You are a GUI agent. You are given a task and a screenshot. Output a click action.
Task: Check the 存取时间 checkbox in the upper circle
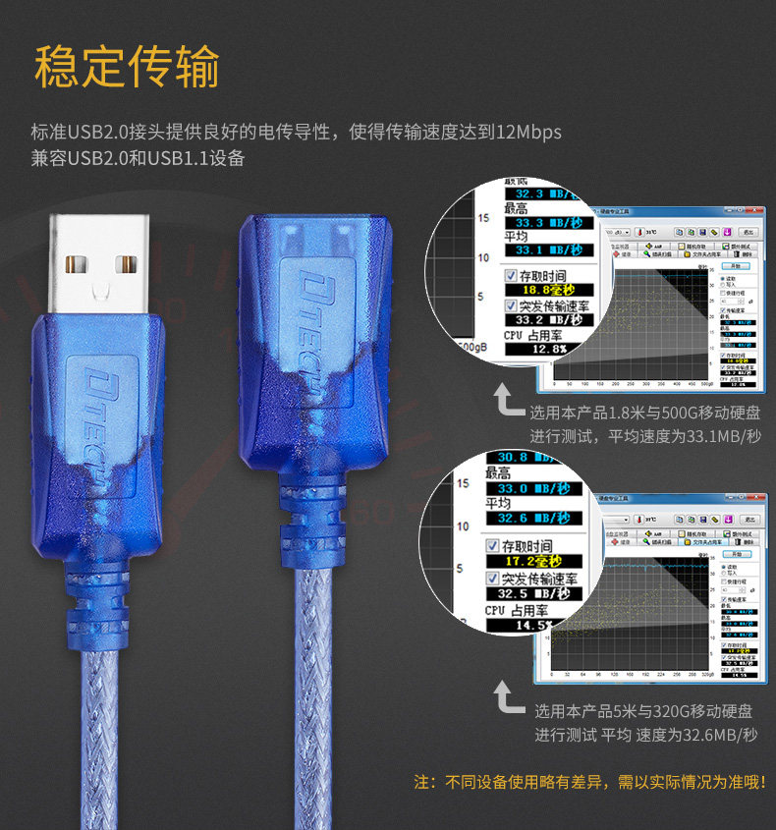click(511, 275)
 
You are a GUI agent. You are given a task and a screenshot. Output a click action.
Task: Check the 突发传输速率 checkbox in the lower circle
click(493, 578)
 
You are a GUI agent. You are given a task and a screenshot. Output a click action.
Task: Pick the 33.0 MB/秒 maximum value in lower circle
click(535, 488)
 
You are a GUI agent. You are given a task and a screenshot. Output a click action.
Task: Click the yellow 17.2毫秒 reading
click(531, 561)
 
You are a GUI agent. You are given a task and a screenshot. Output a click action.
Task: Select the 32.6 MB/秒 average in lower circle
click(535, 519)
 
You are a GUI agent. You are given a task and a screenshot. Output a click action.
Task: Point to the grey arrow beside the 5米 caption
click(507, 698)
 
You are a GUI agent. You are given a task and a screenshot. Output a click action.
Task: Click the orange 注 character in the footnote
click(423, 783)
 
